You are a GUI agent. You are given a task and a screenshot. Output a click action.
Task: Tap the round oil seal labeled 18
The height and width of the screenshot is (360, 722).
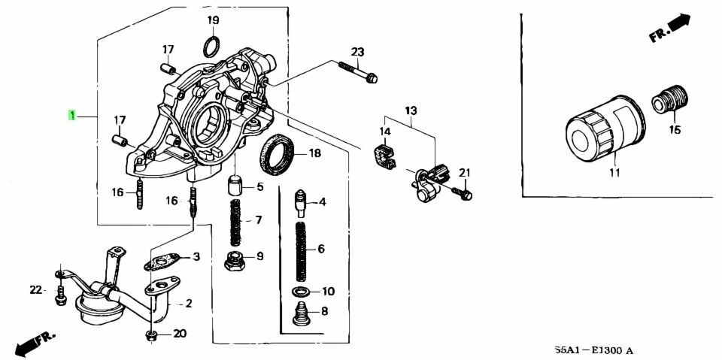[278, 154]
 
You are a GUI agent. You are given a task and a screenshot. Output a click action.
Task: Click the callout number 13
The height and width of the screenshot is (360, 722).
[411, 111]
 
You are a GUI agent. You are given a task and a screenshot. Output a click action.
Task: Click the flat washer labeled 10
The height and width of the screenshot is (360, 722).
[301, 291]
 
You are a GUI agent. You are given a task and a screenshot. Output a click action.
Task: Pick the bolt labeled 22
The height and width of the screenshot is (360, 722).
[60, 295]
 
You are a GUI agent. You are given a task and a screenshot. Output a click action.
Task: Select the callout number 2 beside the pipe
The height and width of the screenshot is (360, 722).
[189, 303]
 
